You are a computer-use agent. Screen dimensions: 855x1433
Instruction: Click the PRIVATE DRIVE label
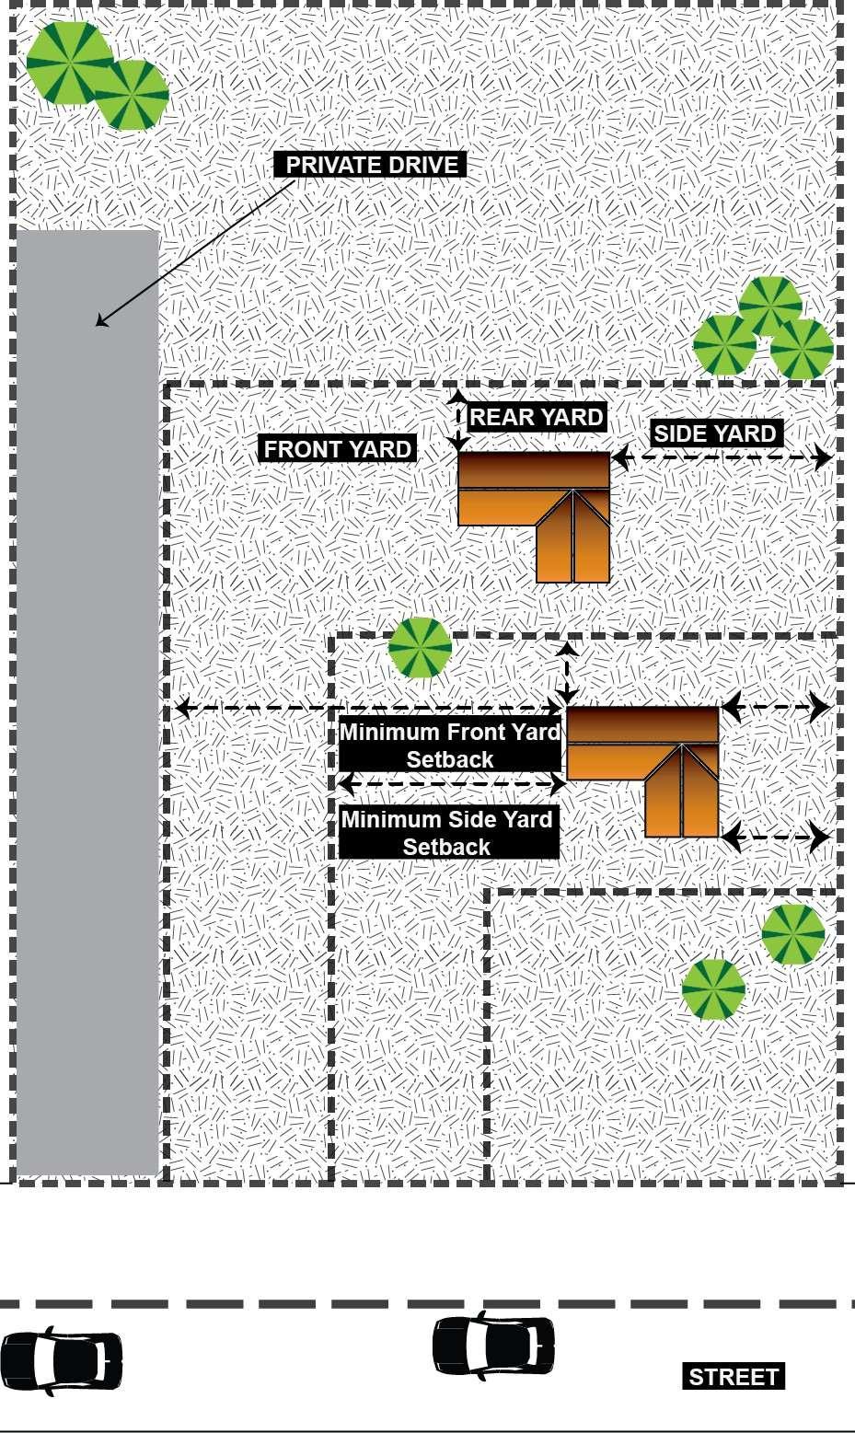(371, 165)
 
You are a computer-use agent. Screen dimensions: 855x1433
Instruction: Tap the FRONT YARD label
(337, 449)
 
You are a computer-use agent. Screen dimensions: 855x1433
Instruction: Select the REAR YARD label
(537, 417)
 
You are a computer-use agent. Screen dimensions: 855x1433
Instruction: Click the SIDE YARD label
(715, 433)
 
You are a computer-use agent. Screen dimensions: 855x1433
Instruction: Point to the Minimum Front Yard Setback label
(449, 745)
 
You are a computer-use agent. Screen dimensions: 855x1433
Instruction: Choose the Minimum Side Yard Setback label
(447, 833)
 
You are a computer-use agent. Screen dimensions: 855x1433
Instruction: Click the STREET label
(734, 1377)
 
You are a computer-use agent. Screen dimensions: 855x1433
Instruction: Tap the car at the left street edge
(61, 1361)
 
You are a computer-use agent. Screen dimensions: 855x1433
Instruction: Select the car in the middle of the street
(493, 1345)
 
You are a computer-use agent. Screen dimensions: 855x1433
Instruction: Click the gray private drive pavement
(87, 699)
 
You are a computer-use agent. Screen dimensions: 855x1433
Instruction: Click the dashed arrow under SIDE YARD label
(722, 457)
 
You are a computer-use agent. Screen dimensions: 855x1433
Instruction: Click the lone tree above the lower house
(420, 648)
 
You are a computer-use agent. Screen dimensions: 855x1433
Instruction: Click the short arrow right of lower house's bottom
(775, 838)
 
